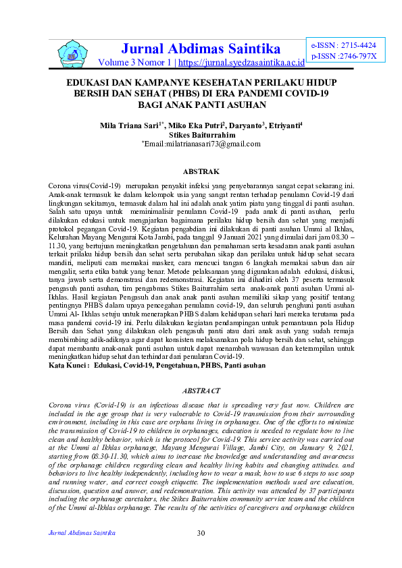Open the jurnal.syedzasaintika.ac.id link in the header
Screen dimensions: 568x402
point(241,63)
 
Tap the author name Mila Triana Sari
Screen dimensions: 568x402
point(132,125)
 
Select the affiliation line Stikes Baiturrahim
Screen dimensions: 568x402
point(201,134)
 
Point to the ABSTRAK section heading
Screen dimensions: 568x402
point(201,172)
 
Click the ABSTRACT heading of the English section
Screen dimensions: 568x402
point(201,390)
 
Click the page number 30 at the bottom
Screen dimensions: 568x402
point(201,534)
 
